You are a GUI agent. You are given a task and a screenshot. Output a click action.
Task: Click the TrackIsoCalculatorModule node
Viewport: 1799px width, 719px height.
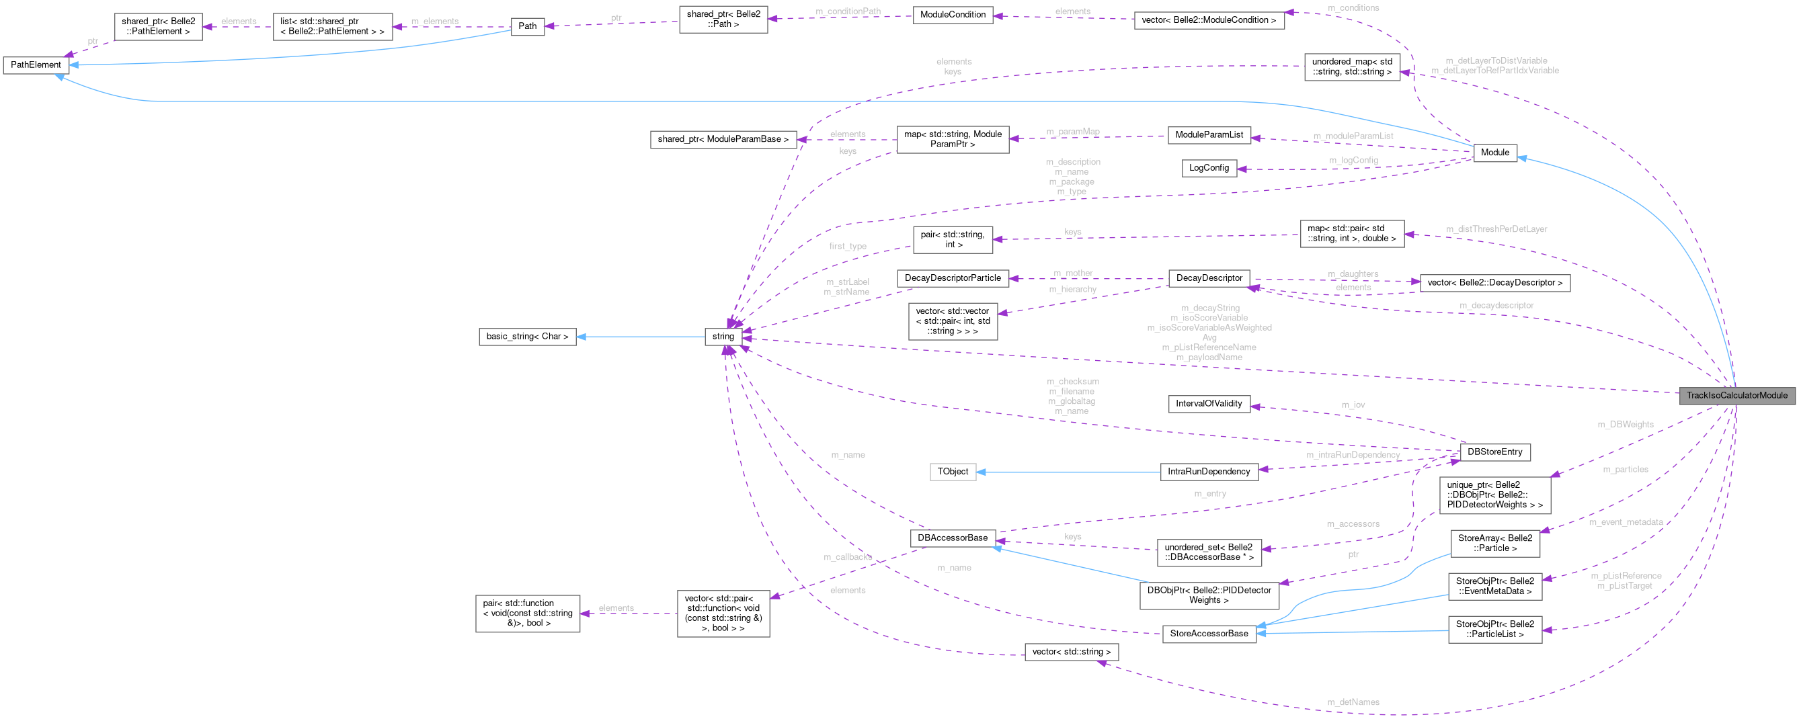click(1736, 395)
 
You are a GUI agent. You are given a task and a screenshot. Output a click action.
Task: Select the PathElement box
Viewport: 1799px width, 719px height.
click(36, 65)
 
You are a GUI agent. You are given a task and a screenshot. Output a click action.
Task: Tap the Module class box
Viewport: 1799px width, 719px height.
click(1494, 152)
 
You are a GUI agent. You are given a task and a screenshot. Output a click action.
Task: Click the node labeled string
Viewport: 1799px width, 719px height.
click(723, 337)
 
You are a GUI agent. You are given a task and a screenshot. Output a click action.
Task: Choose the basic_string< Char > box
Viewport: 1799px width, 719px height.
click(527, 337)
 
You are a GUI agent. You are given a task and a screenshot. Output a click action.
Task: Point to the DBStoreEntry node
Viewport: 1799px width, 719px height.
click(1494, 452)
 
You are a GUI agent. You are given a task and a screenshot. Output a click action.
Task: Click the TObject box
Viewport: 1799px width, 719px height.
click(953, 471)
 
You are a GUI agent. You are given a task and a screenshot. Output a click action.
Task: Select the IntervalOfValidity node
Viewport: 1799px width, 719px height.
click(1209, 403)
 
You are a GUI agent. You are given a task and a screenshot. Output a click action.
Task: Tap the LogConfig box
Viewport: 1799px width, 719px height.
click(1209, 168)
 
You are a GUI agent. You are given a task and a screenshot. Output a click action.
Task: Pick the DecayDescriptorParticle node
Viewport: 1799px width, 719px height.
click(953, 278)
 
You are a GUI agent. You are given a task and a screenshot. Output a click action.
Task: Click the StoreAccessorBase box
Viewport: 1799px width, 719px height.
click(1209, 634)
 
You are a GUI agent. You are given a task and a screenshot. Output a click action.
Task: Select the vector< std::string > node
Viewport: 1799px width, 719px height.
click(1072, 652)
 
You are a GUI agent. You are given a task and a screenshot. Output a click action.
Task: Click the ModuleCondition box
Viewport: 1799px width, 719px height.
click(953, 15)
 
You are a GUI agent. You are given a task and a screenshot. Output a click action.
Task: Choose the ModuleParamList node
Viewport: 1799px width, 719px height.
click(1209, 134)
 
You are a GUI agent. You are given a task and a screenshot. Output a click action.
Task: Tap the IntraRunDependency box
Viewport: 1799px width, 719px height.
click(1209, 472)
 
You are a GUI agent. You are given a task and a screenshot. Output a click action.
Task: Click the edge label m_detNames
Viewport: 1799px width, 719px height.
click(1353, 702)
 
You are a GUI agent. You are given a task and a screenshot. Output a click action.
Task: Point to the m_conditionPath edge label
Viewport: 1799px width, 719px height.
click(848, 12)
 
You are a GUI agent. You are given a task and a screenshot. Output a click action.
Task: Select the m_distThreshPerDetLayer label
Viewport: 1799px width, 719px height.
click(1496, 230)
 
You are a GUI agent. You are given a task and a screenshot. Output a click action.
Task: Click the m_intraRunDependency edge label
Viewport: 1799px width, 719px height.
click(1353, 455)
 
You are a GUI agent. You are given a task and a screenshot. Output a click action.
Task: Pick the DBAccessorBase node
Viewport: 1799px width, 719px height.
click(953, 538)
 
